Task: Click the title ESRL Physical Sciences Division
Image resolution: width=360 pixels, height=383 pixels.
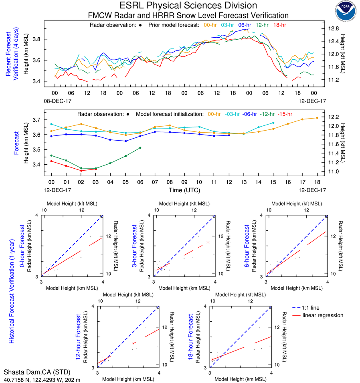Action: pos(188,6)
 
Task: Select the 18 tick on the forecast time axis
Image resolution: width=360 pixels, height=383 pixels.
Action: pos(317,181)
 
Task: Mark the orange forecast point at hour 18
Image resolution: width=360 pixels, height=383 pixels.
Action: pos(317,118)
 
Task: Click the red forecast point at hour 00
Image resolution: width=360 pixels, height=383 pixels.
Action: pos(51,161)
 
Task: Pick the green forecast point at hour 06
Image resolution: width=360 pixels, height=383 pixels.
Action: pos(140,148)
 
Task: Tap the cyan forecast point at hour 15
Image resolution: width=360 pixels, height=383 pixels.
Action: pos(273,123)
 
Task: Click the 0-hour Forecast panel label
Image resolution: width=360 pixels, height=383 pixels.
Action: pos(22,246)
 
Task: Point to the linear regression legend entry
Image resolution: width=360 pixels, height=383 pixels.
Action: pos(323,315)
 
